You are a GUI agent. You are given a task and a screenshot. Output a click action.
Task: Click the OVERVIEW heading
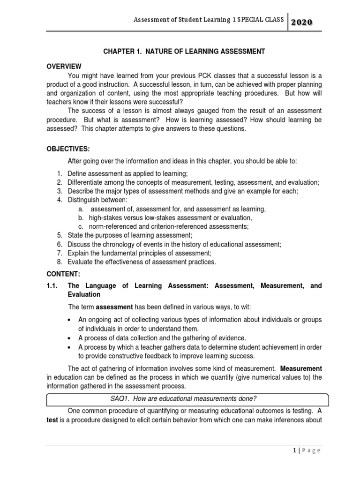[63, 67]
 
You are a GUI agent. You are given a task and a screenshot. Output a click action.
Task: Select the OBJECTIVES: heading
[67, 149]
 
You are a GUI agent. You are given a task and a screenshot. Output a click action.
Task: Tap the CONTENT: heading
[63, 274]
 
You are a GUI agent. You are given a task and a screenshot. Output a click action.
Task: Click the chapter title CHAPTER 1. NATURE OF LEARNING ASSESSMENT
[184, 52]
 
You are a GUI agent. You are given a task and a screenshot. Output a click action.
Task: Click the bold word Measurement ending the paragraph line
[301, 368]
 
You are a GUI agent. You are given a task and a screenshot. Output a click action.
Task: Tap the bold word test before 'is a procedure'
[52, 420]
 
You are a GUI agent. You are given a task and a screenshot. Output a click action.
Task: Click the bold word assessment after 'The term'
[115, 307]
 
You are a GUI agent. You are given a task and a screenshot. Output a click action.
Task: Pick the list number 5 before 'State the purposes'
[60, 235]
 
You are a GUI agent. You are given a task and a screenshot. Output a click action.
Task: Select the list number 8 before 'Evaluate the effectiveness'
[60, 262]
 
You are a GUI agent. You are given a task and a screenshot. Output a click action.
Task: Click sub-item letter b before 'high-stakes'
[81, 217]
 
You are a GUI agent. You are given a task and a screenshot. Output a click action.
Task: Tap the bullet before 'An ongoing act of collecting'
[69, 320]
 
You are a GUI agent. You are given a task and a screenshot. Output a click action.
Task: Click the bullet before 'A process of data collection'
[69, 338]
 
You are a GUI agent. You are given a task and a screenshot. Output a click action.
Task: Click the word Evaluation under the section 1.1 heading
[84, 294]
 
